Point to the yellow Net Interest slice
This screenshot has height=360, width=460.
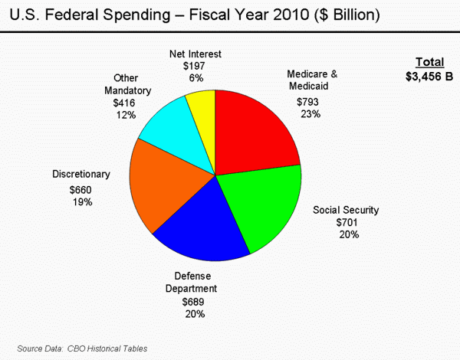(x=204, y=115)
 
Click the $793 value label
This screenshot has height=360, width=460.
(x=307, y=101)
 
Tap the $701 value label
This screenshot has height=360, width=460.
(x=347, y=222)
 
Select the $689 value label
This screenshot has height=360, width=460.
(x=193, y=301)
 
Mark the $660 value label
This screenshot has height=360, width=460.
(x=80, y=189)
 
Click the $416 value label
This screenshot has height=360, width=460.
(x=124, y=102)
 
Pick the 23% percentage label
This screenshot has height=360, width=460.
(x=310, y=113)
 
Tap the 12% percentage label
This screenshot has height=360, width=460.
(x=126, y=114)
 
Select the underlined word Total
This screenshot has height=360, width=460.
(x=429, y=62)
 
